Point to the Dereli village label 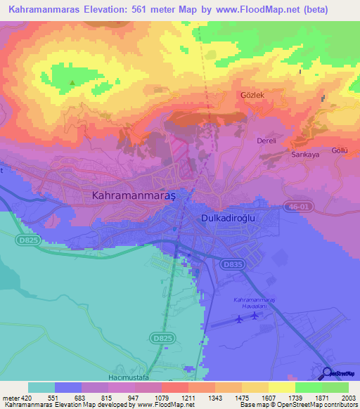coord(265,140)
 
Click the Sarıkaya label coord(305,154)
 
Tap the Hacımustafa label coord(112,377)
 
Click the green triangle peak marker coord(72,82)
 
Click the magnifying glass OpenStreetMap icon coord(326,373)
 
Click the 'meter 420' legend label coord(14,398)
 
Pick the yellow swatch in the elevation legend coord(281,387)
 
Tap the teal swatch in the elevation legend coord(41,387)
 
